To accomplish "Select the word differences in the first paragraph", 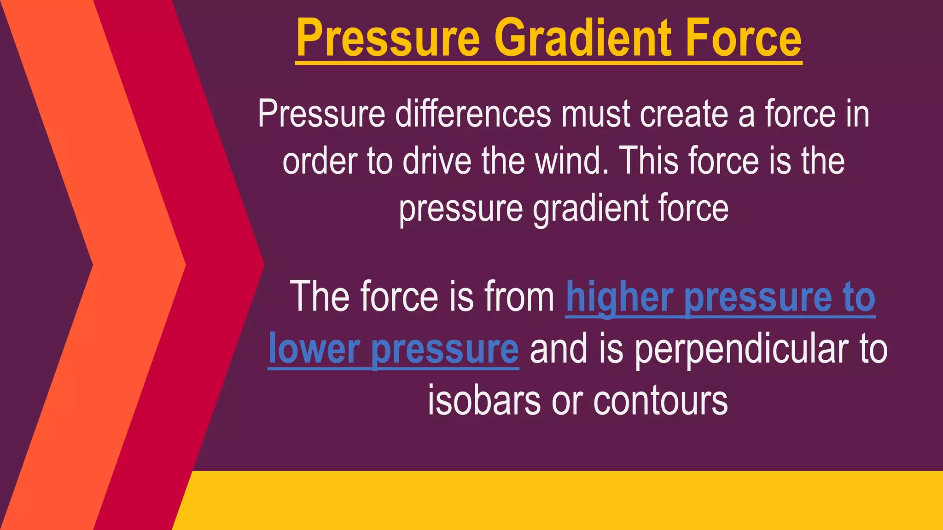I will click(473, 114).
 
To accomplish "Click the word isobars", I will click(484, 401).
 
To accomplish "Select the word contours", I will click(661, 401).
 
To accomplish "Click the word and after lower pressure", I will click(559, 349).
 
